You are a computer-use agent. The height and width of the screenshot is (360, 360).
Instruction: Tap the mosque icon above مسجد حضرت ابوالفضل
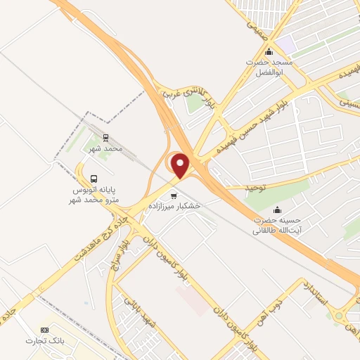(x=268, y=52)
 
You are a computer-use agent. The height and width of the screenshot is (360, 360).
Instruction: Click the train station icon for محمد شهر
(x=105, y=138)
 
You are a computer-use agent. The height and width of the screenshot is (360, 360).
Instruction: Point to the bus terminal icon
(x=94, y=179)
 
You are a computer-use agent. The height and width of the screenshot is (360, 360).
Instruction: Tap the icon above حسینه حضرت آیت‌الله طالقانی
(x=277, y=210)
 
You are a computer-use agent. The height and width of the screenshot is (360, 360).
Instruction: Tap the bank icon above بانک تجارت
(x=46, y=330)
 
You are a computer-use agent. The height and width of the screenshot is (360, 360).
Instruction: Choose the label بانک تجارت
(x=45, y=342)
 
